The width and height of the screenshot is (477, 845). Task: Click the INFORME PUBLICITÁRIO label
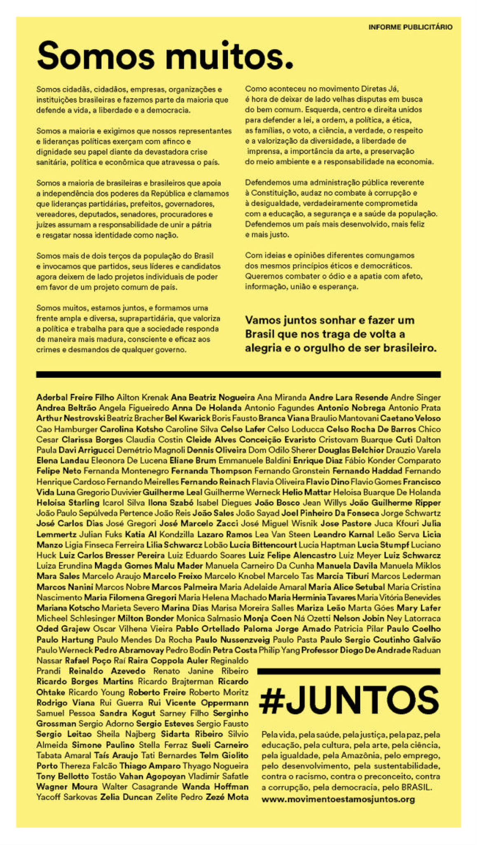pos(410,27)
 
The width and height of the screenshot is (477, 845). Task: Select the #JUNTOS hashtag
pos(349,700)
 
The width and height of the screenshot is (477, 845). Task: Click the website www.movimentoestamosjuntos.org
pos(338,799)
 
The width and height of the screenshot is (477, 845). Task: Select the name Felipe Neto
pos(58,471)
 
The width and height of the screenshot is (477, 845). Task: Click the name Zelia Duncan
pos(126,797)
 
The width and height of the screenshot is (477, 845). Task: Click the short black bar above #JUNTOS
pos(348,671)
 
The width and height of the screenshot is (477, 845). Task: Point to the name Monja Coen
pos(267,618)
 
